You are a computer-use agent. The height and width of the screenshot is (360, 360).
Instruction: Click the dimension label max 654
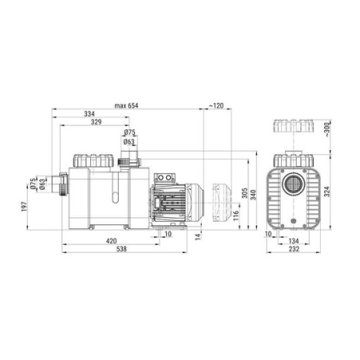pyautogui.click(x=126, y=105)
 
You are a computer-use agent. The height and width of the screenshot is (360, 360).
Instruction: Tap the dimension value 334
pyautogui.click(x=89, y=114)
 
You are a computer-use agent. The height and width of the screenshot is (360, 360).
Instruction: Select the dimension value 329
pyautogui.click(x=96, y=122)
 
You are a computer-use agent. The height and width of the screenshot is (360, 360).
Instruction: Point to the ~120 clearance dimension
pyautogui.click(x=216, y=105)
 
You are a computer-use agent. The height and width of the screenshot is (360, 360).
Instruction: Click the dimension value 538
pyautogui.click(x=121, y=249)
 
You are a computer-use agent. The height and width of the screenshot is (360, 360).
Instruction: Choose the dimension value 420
pyautogui.click(x=111, y=241)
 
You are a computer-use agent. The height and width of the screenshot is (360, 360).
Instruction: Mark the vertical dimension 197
pyautogui.click(x=24, y=207)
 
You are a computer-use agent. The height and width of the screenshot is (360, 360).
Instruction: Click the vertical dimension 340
pyautogui.click(x=253, y=195)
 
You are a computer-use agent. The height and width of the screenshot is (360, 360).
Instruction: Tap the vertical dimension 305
pyautogui.click(x=244, y=193)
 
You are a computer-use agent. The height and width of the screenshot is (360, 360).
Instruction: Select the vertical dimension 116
pyautogui.click(x=236, y=216)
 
